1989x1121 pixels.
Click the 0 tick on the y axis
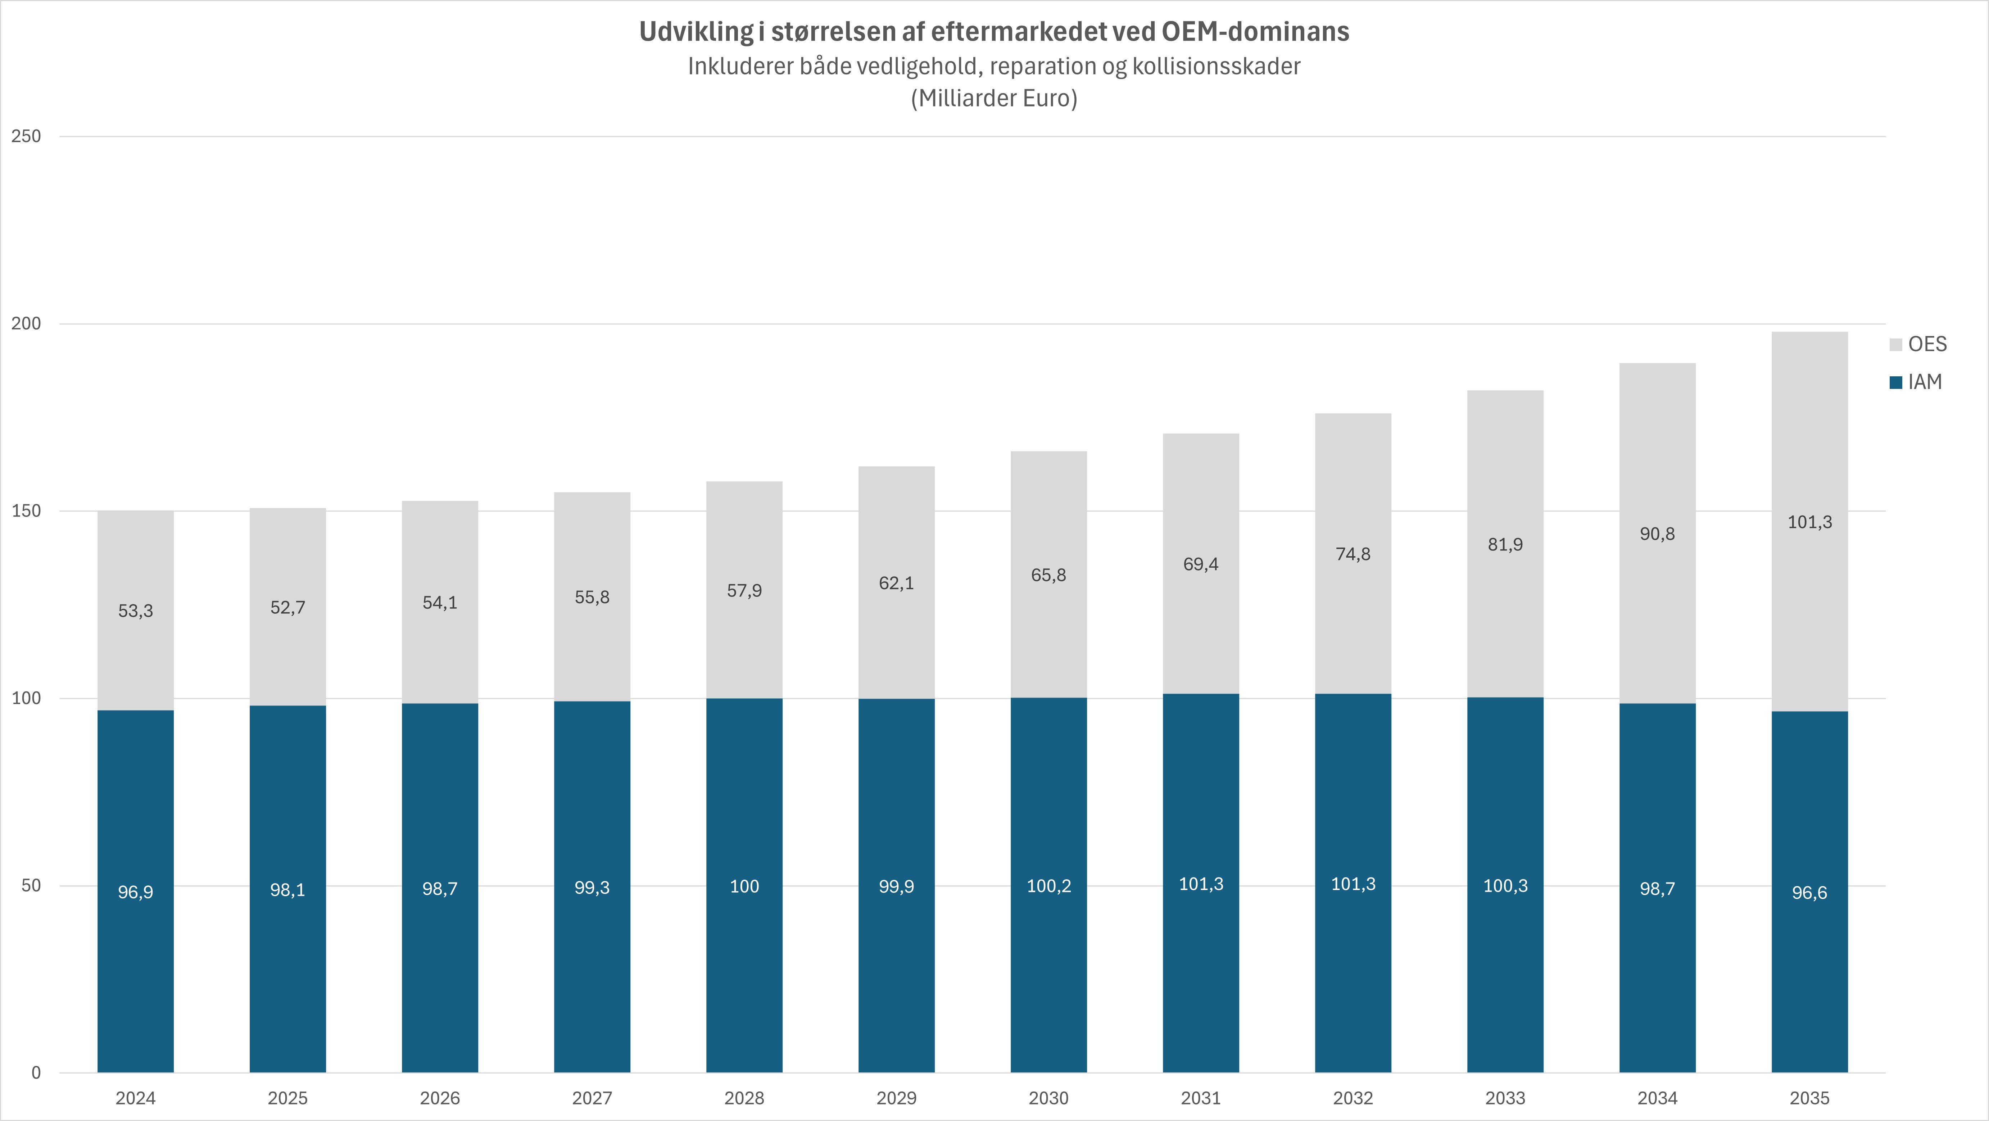pos(36,1072)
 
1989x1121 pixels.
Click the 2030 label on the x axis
pos(1048,1098)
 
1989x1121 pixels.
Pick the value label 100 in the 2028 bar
pos(744,886)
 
